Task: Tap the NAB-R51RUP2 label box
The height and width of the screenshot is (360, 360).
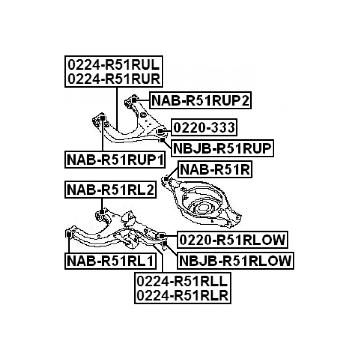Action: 201,101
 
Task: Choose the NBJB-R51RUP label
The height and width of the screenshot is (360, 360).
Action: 222,149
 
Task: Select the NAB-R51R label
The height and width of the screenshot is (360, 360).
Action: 215,170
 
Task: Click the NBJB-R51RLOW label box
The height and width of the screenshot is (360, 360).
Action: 235,260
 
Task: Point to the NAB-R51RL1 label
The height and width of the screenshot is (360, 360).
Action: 110,260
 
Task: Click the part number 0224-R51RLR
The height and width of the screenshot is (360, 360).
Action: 183,295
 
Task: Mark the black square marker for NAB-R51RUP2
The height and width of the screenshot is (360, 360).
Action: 134,101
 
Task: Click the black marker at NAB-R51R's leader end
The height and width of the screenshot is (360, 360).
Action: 166,179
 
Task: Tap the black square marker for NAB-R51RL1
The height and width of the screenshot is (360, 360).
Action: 69,235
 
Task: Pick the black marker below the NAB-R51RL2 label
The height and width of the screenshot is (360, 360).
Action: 102,212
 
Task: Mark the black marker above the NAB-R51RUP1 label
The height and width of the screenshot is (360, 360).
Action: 102,117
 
